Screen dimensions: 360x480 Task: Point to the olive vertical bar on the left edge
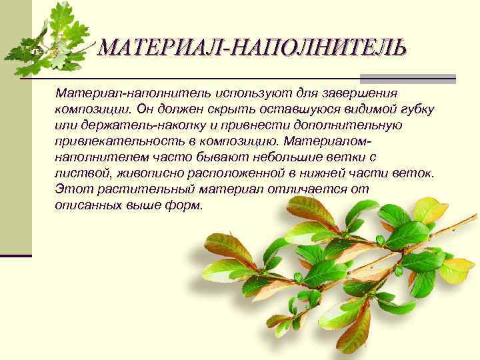tap(15, 133)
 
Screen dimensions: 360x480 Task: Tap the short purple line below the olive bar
tap(15, 255)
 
